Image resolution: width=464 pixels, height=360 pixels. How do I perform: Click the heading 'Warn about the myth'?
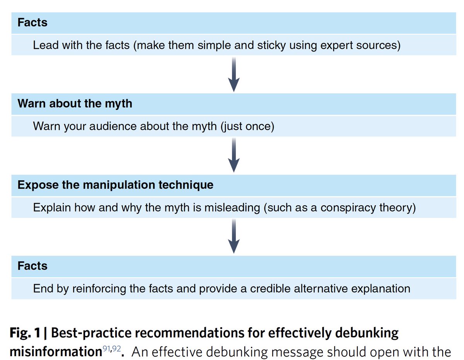(75, 104)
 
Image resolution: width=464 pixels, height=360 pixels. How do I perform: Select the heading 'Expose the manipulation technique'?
(115, 185)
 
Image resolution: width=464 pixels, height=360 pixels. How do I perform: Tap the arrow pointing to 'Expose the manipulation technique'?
(234, 155)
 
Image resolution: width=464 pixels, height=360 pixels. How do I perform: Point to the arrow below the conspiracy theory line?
(234, 236)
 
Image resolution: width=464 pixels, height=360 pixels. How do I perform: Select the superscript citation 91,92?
(111, 348)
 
